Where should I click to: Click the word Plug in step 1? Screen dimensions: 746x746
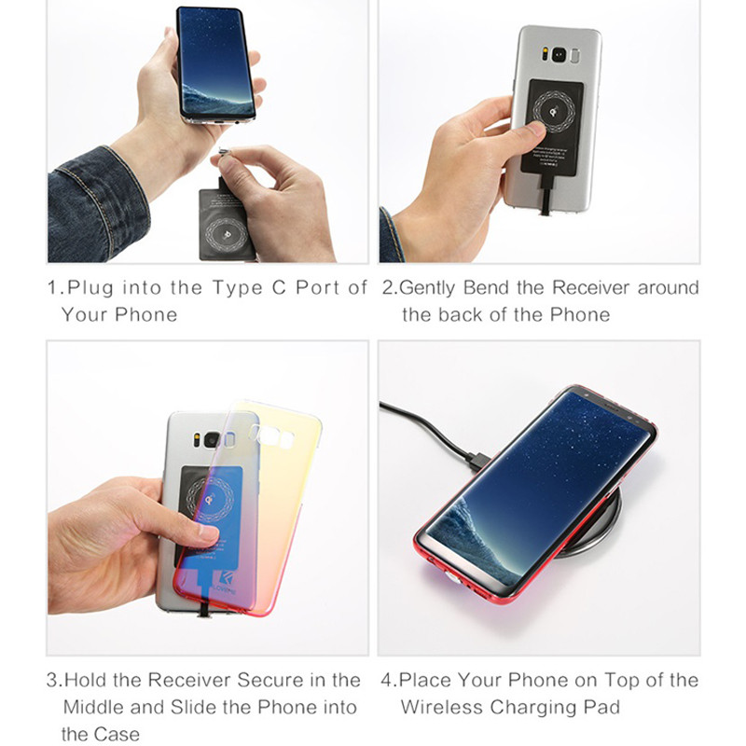91,287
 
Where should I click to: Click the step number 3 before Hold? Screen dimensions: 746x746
52,680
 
